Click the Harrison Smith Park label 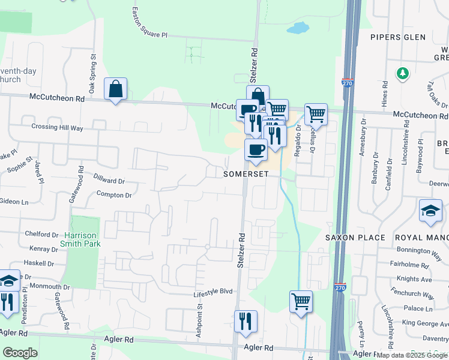tap(80, 239)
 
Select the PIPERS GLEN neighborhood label tap(397, 37)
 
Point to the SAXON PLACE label tap(355, 238)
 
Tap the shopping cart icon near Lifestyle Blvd tap(301, 301)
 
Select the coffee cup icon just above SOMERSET tap(256, 150)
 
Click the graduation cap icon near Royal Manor tap(431, 211)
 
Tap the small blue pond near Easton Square tap(298, 28)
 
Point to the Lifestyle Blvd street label tap(212, 291)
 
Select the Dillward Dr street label tap(109, 179)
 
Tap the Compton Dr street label tap(113, 195)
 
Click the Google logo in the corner tap(20, 353)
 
